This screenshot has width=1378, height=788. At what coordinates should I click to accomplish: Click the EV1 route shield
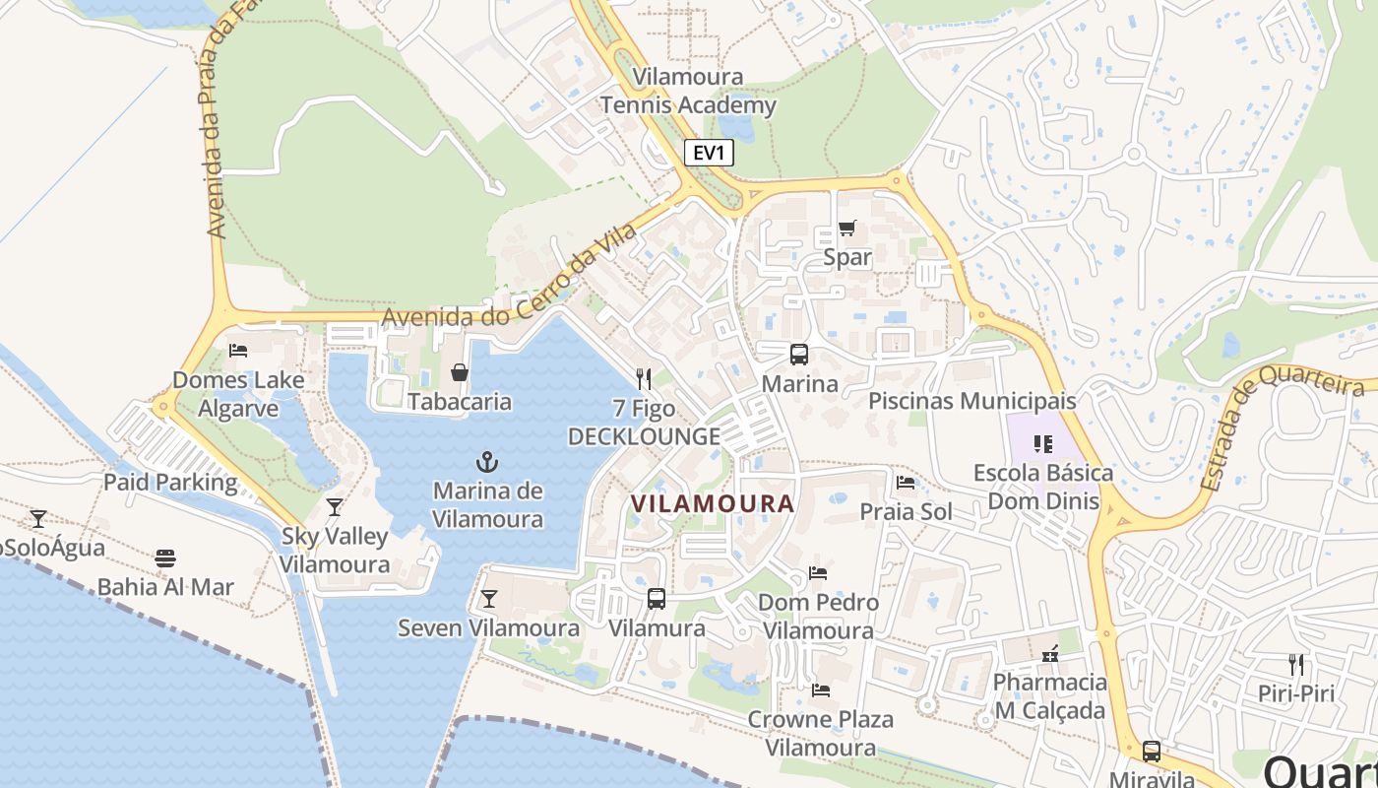(709, 153)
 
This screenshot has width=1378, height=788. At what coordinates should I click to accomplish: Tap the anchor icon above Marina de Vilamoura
(486, 461)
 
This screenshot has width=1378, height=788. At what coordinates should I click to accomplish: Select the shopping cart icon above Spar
(846, 229)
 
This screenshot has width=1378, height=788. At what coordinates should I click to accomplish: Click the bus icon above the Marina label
(798, 355)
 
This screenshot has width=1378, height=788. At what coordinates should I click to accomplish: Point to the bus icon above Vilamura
(657, 598)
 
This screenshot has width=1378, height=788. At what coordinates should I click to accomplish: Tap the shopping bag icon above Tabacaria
(460, 371)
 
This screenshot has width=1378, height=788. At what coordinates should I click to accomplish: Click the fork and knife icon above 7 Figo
(644, 378)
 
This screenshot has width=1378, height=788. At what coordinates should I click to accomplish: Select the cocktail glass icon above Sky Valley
(335, 507)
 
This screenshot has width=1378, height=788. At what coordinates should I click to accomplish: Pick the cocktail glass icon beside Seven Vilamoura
(488, 598)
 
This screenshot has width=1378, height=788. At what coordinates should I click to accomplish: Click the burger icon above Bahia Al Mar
(165, 558)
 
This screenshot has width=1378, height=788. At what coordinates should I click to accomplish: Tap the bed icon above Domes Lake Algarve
(237, 350)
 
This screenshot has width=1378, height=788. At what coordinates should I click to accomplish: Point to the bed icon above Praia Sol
(906, 482)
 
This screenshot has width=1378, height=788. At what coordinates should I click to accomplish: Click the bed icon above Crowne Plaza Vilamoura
(820, 689)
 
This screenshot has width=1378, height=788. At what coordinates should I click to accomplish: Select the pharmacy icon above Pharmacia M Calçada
(1049, 653)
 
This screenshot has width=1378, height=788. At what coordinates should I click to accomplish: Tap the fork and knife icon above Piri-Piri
(1296, 664)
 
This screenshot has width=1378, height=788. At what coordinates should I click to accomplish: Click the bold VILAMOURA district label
(712, 503)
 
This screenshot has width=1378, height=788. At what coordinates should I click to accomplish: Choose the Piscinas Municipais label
(971, 401)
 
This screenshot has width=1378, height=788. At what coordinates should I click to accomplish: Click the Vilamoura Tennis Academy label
(688, 91)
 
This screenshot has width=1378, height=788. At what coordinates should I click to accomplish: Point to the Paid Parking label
(170, 483)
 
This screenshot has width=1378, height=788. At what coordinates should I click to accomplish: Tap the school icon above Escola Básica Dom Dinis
(1043, 444)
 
